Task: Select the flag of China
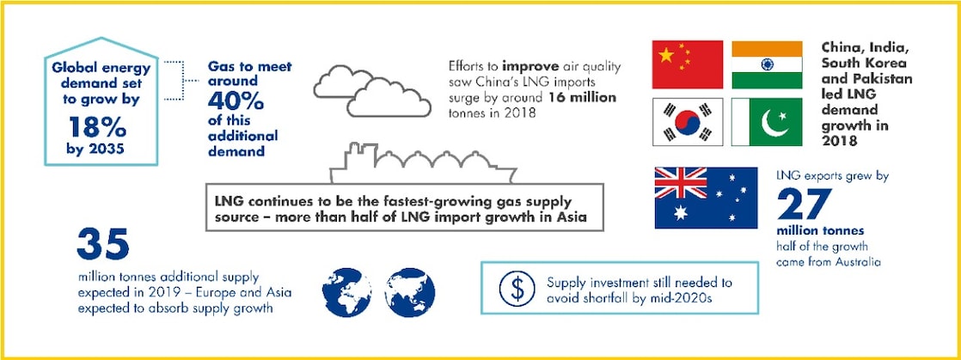(x=687, y=64)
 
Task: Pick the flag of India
(x=767, y=64)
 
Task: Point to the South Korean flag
(x=687, y=122)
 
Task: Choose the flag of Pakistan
(x=767, y=122)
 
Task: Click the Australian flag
(x=706, y=198)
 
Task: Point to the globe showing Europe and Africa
(x=346, y=288)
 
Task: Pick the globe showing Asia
(x=412, y=288)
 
